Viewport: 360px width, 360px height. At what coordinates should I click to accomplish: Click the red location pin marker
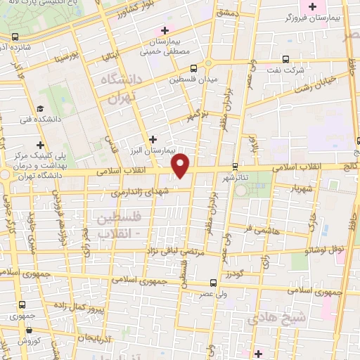click(181, 165)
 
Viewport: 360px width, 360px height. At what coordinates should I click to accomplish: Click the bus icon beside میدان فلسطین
click(193, 67)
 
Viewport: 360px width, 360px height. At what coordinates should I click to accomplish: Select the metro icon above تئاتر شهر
click(234, 167)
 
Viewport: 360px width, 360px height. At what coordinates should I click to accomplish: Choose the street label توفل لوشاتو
click(323, 249)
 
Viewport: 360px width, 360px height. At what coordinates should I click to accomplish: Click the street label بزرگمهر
click(200, 114)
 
